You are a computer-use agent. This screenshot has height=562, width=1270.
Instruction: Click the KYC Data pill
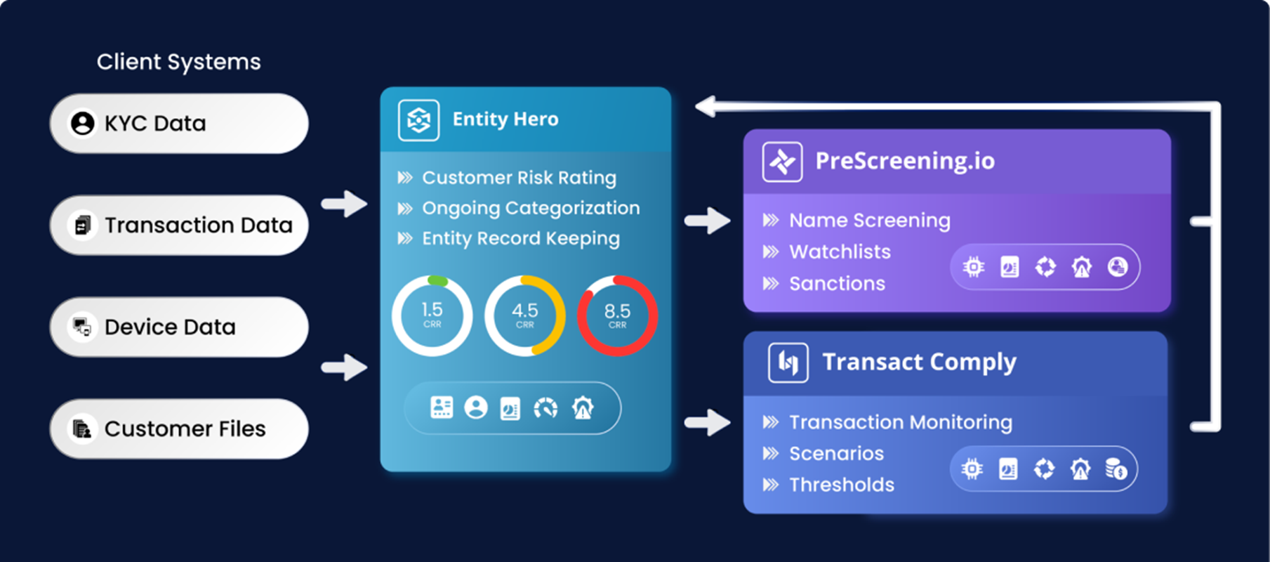click(179, 124)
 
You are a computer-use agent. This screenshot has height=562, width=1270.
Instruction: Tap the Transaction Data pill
click(179, 225)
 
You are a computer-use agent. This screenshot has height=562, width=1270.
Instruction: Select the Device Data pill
click(179, 327)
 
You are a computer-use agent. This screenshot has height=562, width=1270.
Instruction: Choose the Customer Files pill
click(179, 429)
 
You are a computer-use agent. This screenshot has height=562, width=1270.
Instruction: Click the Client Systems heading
click(179, 62)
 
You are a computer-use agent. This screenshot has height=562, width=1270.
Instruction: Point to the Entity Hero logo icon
click(418, 120)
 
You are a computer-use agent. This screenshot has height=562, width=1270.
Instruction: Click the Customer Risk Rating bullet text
click(519, 178)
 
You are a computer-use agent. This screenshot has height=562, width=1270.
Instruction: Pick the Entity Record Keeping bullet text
click(521, 239)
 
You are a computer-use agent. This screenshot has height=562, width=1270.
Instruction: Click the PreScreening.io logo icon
click(782, 162)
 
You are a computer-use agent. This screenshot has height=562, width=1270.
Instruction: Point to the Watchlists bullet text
click(840, 251)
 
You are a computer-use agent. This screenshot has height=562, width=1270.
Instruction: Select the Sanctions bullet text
click(837, 283)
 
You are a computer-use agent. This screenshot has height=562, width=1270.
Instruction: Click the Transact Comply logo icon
click(788, 362)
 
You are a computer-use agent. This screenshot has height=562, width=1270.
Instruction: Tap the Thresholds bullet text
click(842, 485)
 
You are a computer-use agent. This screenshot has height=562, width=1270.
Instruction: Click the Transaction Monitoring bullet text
click(901, 422)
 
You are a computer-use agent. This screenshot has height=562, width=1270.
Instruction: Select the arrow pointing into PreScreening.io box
click(708, 221)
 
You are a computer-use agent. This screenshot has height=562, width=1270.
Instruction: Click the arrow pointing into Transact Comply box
click(708, 422)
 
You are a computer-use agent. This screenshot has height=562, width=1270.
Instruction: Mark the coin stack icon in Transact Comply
click(1116, 469)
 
